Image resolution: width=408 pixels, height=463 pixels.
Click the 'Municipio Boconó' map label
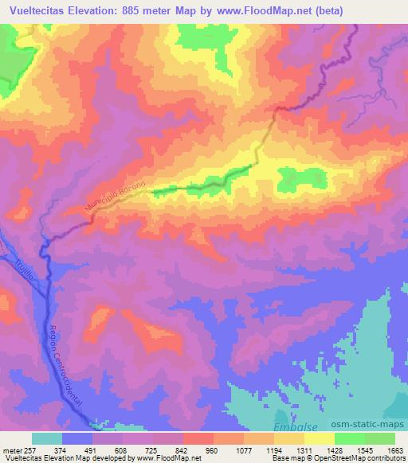(x=112, y=195)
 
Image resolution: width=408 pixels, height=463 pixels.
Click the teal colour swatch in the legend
(x=47, y=438)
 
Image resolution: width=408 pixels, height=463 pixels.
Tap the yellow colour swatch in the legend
(x=320, y=438)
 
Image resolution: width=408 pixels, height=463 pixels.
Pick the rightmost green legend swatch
(x=380, y=438)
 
